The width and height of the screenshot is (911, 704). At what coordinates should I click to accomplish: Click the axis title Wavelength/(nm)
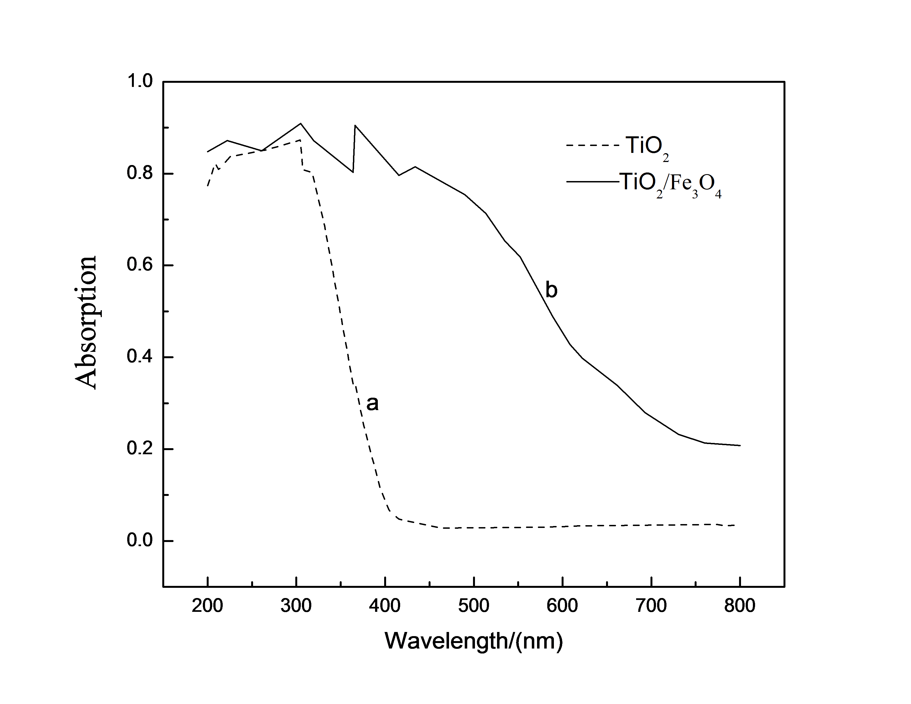[x=473, y=641]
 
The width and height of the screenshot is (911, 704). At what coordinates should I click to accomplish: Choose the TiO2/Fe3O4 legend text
[x=671, y=184]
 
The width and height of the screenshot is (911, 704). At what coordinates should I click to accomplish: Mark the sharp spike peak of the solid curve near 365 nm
[x=355, y=125]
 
